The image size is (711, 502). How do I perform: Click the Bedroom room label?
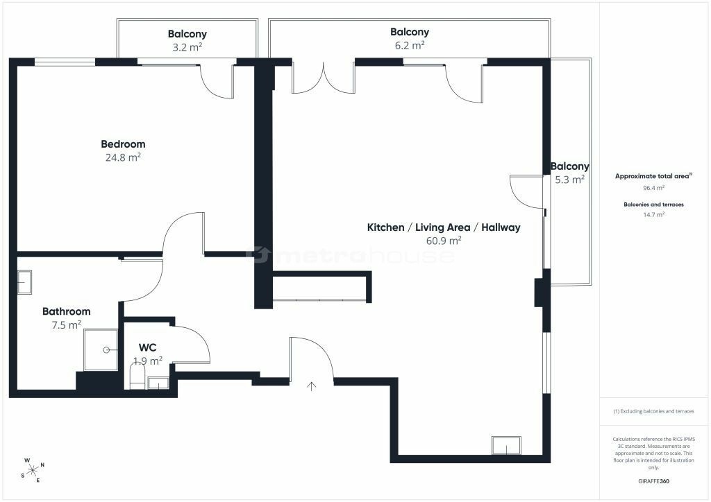123,144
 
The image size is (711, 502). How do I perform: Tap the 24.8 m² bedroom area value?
123,157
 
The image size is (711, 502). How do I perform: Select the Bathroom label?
66,311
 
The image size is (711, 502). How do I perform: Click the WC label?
147,347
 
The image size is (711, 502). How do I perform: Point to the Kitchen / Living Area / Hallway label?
444,227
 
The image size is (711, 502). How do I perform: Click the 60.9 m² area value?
444,241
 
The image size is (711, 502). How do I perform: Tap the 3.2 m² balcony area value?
187,46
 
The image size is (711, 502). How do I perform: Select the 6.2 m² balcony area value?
410,45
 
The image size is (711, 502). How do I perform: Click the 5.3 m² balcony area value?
569,180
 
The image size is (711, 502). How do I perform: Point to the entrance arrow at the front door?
311,386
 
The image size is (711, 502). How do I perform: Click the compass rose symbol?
33,470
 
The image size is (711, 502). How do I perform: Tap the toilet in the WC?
137,376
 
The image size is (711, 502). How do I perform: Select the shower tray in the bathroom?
101,350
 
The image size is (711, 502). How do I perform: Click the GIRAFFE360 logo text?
653,481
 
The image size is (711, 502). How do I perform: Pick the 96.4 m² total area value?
653,188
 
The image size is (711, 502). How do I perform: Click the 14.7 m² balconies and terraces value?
653,214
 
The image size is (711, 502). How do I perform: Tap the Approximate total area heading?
653,176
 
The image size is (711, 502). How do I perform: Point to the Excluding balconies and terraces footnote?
653,411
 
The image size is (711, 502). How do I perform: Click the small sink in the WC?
158,383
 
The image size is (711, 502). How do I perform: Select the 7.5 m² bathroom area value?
66,324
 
